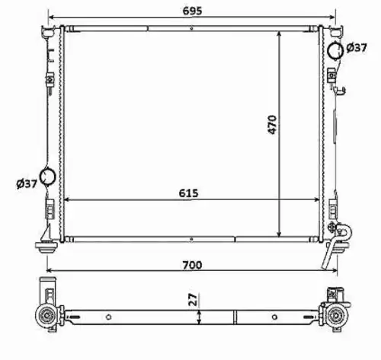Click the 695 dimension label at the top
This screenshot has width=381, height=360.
192,11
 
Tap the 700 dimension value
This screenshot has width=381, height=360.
192,265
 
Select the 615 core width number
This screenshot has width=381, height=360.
188,193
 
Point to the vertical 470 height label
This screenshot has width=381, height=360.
272,125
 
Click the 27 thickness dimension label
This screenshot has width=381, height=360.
194,299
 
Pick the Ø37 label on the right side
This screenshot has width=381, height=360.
357,47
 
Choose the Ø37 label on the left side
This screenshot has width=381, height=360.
27,183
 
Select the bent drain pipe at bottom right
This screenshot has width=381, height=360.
338,244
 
